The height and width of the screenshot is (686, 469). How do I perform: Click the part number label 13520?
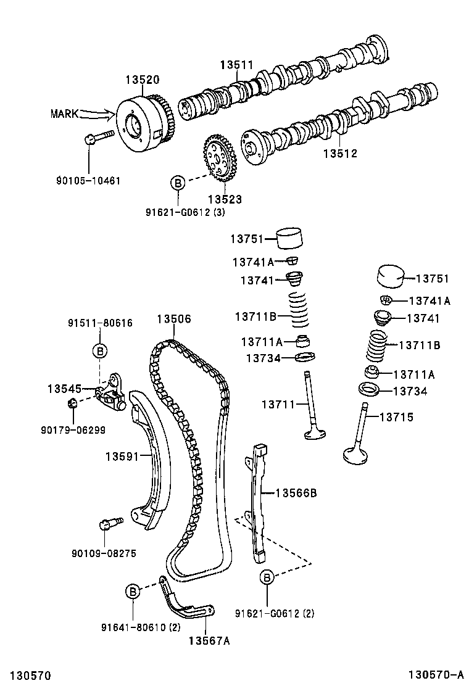click(x=143, y=80)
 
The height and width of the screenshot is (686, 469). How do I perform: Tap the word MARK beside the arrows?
click(x=64, y=114)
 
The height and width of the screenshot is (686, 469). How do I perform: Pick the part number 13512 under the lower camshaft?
click(x=340, y=154)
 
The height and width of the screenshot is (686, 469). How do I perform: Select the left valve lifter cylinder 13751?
click(x=292, y=237)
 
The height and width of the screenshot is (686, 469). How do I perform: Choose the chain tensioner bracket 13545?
click(x=111, y=392)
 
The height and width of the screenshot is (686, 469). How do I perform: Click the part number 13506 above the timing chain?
click(x=173, y=319)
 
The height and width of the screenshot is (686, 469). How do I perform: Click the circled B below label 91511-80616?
click(x=99, y=351)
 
